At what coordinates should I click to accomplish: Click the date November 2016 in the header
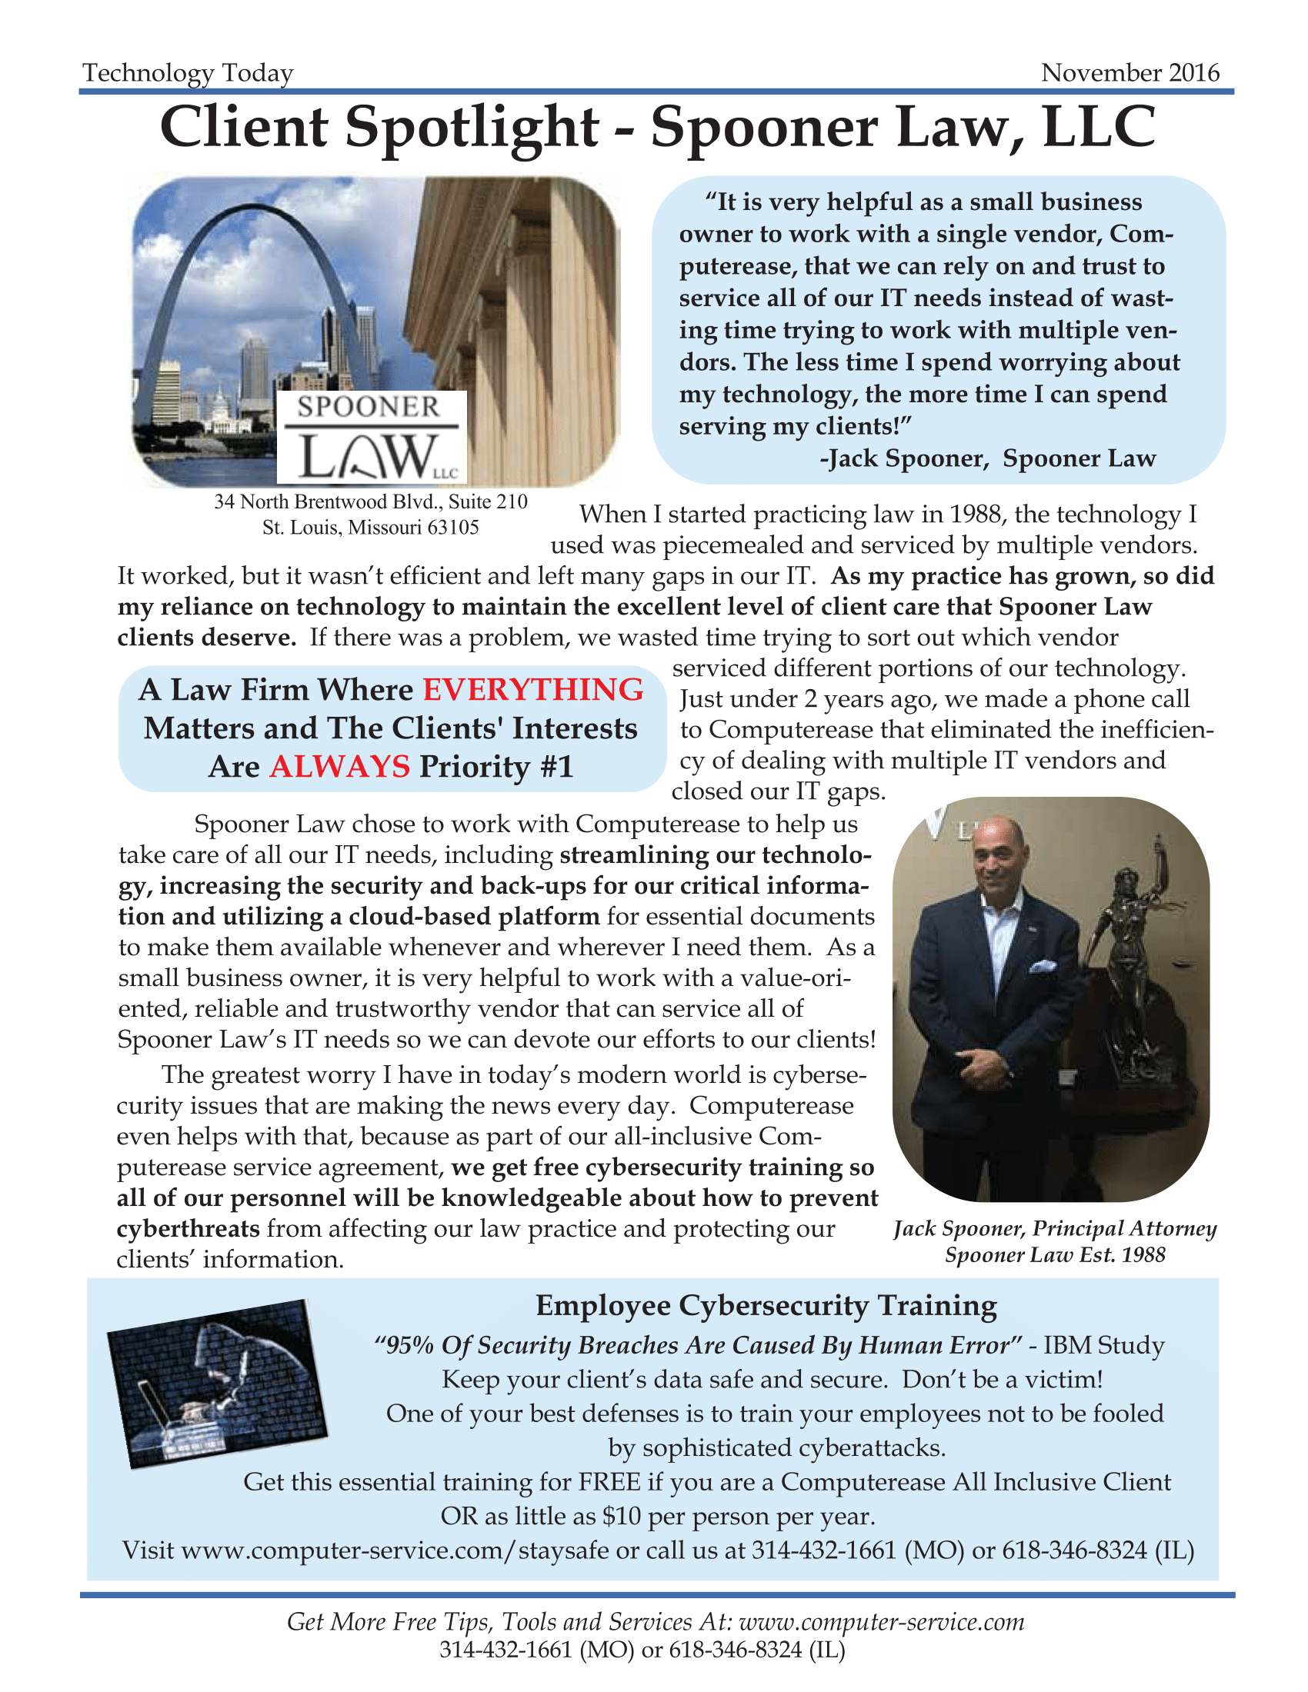(x=1129, y=73)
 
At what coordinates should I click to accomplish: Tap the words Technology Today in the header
(x=189, y=73)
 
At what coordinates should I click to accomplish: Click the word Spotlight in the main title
(x=471, y=127)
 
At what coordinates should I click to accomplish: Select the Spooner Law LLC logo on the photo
(x=371, y=437)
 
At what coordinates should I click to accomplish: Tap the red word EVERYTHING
(x=533, y=691)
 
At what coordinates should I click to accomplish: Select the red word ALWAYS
(x=339, y=767)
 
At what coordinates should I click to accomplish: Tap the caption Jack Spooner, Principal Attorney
(x=1055, y=1230)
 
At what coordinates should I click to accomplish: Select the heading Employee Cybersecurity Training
(x=766, y=1306)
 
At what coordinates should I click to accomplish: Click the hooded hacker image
(x=217, y=1384)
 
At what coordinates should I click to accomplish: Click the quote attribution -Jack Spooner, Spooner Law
(x=987, y=458)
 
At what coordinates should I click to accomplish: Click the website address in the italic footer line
(x=881, y=1621)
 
